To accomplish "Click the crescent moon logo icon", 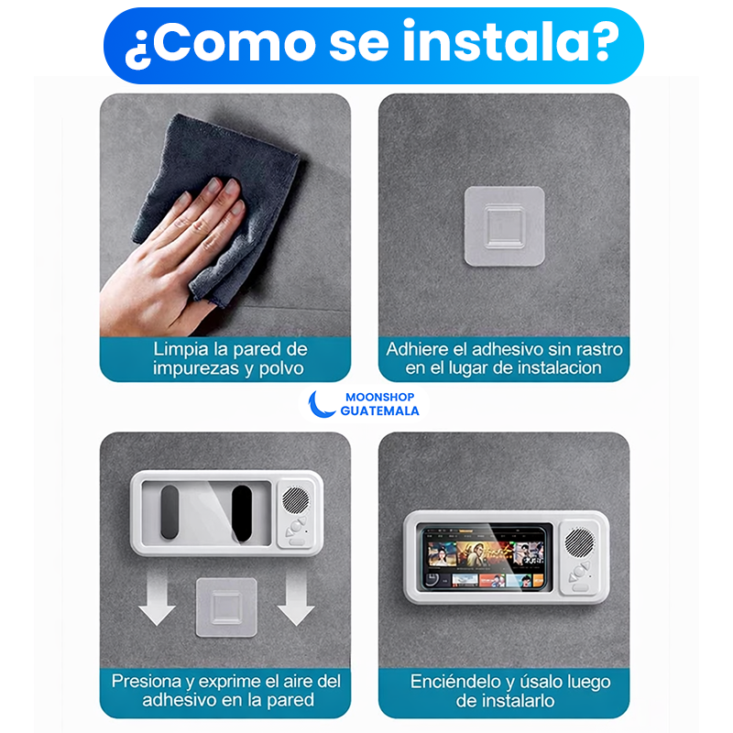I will click(x=320, y=404).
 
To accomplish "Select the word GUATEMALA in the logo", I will click(x=379, y=411).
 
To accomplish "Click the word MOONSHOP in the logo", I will click(x=379, y=397).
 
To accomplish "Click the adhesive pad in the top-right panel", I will click(x=504, y=226).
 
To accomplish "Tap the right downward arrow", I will click(x=295, y=604).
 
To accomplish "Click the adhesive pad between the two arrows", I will click(x=224, y=607).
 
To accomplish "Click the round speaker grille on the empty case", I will click(x=295, y=499).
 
